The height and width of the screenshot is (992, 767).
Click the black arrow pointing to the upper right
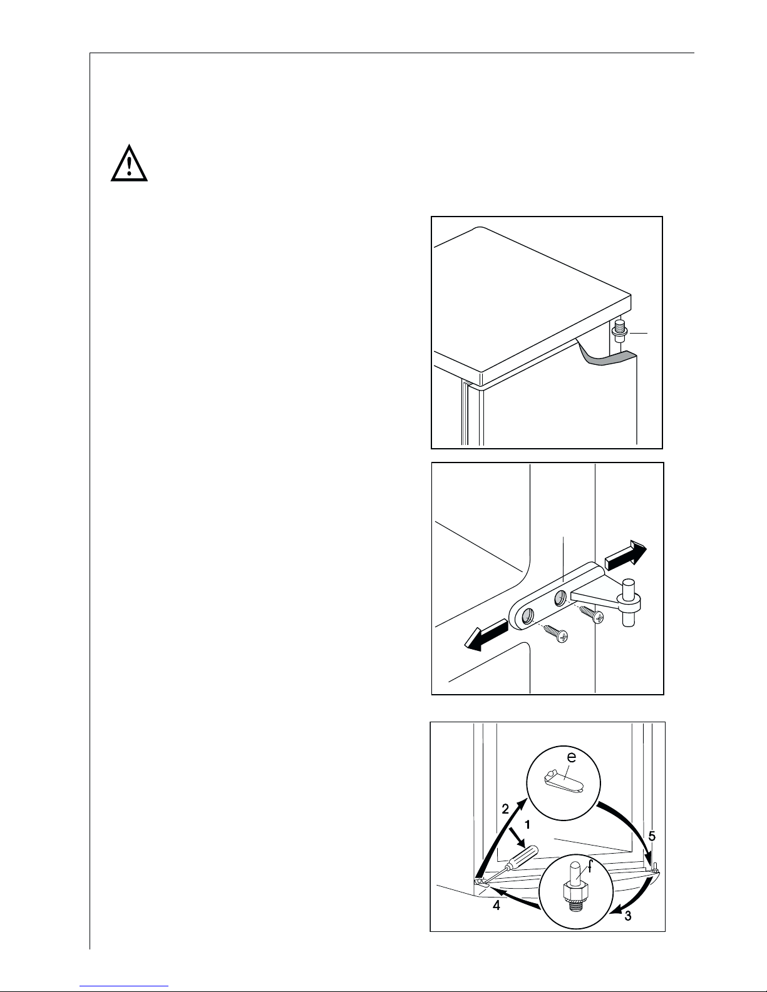click(625, 555)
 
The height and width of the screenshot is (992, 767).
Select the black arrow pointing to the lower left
click(486, 635)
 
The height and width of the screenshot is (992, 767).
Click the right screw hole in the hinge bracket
click(560, 596)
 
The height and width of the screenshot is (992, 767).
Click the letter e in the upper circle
click(571, 757)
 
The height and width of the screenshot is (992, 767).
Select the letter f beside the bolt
click(589, 866)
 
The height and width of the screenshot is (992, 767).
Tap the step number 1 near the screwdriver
click(528, 825)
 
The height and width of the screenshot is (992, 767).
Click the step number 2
click(505, 809)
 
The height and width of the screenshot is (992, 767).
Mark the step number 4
click(497, 905)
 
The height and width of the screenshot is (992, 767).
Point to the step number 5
click(652, 836)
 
